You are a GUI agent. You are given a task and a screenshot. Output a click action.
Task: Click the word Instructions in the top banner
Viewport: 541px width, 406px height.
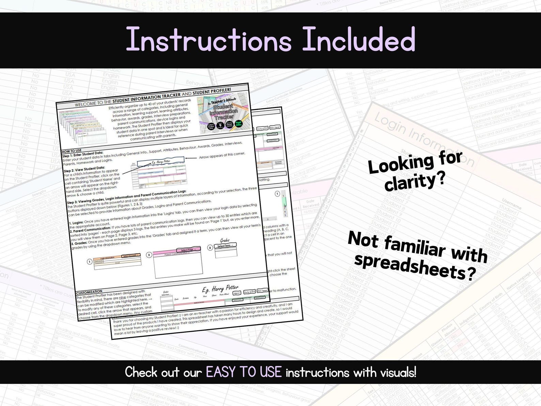(x=208, y=40)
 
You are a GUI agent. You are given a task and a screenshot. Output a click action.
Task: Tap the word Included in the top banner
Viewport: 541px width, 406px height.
(x=358, y=40)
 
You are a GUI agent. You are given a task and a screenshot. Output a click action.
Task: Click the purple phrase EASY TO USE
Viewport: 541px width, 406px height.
(x=244, y=372)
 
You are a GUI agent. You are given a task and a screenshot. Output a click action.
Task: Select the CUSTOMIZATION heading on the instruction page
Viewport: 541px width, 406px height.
(x=89, y=292)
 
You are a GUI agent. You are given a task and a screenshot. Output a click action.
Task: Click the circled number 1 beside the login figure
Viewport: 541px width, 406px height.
(x=90, y=262)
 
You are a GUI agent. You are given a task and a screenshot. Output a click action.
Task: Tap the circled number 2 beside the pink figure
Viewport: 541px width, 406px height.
(x=149, y=255)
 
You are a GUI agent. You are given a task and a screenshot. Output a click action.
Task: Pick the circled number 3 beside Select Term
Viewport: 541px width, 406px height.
(x=210, y=248)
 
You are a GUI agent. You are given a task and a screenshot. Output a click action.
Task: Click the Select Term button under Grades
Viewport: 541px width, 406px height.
(x=225, y=245)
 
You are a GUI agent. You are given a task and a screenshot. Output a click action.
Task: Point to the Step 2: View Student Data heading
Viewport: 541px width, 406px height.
(x=84, y=168)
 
